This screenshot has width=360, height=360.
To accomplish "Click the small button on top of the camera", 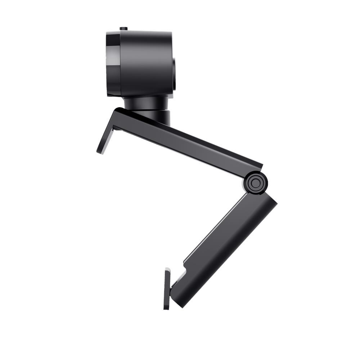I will click(123, 29).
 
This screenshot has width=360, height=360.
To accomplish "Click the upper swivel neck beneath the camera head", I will click(146, 103).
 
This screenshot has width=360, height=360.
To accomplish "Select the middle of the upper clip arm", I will click(187, 142).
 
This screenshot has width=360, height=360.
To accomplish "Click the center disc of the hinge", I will click(255, 183).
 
